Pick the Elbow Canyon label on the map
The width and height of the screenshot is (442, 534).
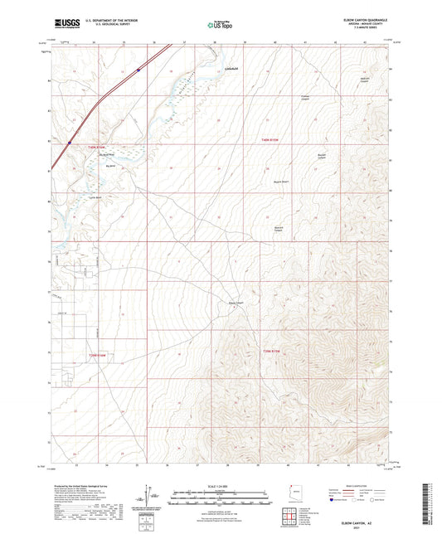pos(236,303)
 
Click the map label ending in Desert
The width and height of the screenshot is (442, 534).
pos(281,180)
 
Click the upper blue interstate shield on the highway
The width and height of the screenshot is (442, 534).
pos(139,70)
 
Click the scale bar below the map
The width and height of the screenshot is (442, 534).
pos(221,499)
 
